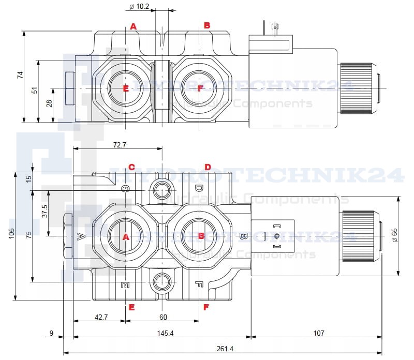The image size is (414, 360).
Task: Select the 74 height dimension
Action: [x=20, y=74]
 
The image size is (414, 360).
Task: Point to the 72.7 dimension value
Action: [x=119, y=145]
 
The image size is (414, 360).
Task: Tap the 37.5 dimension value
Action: [x=45, y=212]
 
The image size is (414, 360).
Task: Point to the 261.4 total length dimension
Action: [x=224, y=349]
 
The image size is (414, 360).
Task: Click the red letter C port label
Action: [x=131, y=167]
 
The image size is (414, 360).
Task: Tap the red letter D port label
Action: [x=208, y=167]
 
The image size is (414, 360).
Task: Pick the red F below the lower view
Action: [x=206, y=307]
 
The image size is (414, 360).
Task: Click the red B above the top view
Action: [x=206, y=25]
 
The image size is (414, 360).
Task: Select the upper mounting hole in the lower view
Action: [x=162, y=190]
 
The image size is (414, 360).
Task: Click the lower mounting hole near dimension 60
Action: [x=162, y=282]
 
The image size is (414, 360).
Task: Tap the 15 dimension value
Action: [x=28, y=178]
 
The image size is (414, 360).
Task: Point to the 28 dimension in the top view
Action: [x=49, y=103]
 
